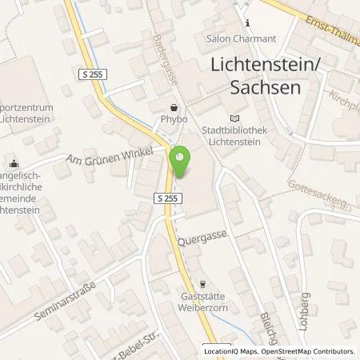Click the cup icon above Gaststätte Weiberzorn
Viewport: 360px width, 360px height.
coord(202,283)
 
